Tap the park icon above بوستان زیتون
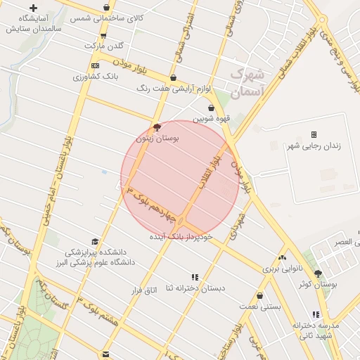tap(156, 128)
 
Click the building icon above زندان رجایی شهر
tap(314, 134)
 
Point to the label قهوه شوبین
tap(213, 118)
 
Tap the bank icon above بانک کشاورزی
tap(95, 65)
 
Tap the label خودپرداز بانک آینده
tap(180, 238)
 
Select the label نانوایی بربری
tap(282, 269)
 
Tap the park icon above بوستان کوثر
tap(318, 274)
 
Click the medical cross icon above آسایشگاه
tap(33, 8)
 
